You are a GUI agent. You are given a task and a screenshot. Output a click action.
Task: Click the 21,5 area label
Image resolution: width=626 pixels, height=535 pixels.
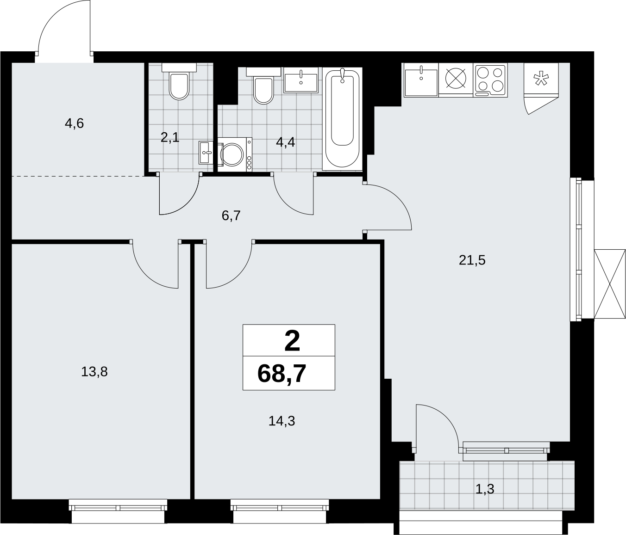[472, 260]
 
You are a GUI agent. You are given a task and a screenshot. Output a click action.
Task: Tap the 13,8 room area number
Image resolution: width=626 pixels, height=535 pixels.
[94, 372]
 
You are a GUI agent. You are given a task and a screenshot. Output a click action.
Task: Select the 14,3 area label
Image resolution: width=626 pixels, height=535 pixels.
[282, 421]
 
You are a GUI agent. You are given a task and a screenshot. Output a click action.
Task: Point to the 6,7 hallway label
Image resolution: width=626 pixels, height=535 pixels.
[231, 216]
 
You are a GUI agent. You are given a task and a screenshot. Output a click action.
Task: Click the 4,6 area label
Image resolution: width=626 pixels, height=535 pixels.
[74, 123]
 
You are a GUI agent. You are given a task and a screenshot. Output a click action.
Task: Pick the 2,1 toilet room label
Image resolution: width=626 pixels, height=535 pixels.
[170, 138]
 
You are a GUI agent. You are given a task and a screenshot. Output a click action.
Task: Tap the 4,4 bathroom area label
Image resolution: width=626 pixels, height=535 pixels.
[285, 142]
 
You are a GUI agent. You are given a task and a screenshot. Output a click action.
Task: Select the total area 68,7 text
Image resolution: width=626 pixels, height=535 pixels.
[282, 374]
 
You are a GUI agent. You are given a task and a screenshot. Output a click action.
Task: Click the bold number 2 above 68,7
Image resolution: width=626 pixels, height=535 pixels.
[292, 341]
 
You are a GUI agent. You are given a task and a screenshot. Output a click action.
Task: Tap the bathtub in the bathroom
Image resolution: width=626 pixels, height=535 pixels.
[342, 119]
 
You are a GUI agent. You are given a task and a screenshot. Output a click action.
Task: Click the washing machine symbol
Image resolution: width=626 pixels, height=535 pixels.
[235, 154]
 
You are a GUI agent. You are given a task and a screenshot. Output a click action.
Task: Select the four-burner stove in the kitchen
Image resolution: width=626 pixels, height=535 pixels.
[490, 80]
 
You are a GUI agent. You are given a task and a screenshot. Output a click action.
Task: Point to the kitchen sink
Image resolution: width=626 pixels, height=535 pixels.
[421, 80]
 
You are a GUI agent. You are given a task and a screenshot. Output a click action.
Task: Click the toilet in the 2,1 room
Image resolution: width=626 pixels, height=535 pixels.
[179, 82]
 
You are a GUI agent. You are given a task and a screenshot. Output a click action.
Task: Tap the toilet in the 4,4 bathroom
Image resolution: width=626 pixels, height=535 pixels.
[263, 86]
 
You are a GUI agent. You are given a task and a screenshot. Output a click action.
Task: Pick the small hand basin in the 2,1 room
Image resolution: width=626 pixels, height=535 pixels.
[206, 153]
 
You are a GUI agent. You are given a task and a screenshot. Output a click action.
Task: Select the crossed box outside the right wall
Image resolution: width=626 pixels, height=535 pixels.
[610, 284]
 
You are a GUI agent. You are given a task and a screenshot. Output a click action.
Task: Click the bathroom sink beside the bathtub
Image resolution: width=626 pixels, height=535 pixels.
[301, 80]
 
